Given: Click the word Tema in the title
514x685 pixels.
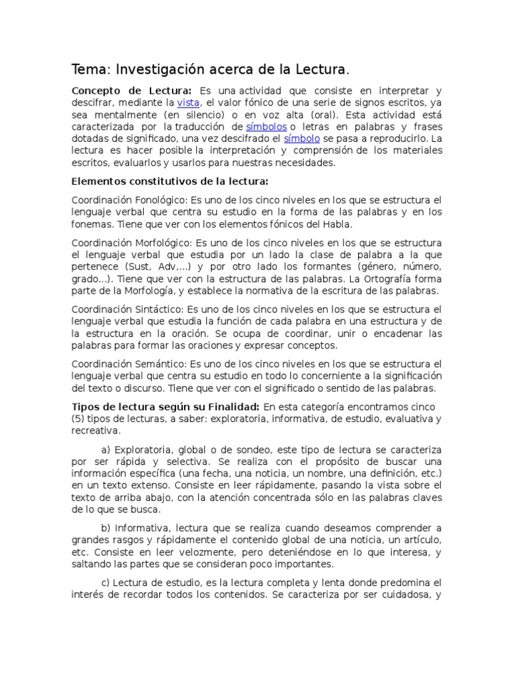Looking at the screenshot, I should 92,70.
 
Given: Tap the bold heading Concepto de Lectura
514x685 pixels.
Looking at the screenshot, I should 132,90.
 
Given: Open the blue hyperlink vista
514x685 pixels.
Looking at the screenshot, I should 188,102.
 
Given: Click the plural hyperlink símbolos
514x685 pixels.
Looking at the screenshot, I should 266,126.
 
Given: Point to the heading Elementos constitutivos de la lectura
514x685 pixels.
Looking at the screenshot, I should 169,181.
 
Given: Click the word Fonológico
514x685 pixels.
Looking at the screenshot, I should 161,200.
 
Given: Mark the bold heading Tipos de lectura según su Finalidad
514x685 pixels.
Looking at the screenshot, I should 165,407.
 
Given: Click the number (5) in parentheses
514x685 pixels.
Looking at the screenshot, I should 78,419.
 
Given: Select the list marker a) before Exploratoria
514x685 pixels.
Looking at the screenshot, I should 106,449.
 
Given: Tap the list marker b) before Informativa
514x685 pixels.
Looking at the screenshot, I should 106,528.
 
